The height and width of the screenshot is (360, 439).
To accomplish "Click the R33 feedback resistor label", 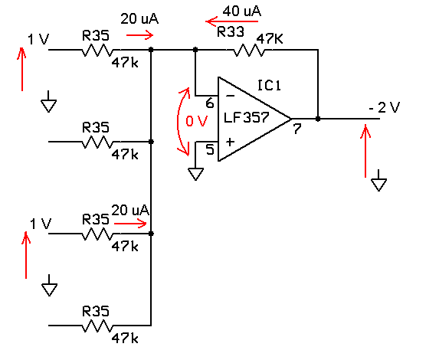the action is click(x=231, y=31).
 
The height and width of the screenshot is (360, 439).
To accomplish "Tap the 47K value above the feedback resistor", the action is click(x=270, y=39).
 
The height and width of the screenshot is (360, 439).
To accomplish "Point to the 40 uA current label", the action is click(x=242, y=11).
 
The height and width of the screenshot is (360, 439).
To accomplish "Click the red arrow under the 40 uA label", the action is click(x=232, y=21).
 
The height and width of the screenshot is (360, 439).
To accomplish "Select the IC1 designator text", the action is click(x=269, y=85).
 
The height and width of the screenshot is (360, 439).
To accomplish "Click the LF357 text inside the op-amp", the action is click(x=247, y=117).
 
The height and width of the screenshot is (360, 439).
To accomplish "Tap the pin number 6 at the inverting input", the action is click(x=210, y=103).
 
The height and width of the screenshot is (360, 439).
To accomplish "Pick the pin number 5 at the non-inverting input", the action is click(x=210, y=149).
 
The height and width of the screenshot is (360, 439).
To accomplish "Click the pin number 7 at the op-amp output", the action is click(x=297, y=129).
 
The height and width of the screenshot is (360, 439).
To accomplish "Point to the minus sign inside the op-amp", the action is click(x=230, y=96).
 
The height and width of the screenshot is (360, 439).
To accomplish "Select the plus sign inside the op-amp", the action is click(x=230, y=142).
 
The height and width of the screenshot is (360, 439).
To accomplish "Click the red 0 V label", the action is click(x=197, y=121).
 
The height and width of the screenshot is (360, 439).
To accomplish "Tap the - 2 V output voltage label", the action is click(x=385, y=107).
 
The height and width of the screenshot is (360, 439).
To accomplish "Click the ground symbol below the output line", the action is click(x=378, y=181).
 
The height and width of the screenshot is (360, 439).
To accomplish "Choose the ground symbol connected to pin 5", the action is click(x=195, y=174).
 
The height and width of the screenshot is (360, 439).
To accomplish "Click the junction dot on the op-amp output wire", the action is click(x=318, y=119).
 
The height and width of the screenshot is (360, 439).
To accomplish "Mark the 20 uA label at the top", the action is click(x=139, y=19).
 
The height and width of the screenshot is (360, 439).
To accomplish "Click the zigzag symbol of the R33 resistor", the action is click(x=249, y=50).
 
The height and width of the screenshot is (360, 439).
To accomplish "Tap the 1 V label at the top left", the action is click(x=38, y=40).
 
